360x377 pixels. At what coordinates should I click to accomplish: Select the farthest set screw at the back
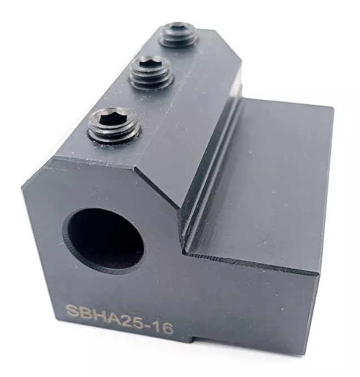tap(178, 34)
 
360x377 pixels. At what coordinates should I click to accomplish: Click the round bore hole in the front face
tap(104, 241)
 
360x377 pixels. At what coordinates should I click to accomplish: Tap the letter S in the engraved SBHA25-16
tap(72, 311)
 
